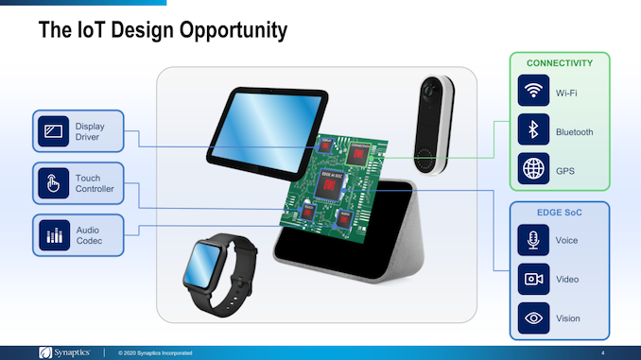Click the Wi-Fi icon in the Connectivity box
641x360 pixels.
pos(534,92)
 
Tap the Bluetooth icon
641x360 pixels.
pos(534,131)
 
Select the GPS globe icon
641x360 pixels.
pos(534,170)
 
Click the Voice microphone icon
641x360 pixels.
pos(534,240)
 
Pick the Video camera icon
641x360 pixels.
pos(534,279)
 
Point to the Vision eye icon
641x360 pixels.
pos(534,317)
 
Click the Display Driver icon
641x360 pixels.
pos(53,131)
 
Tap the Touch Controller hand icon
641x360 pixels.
pos(53,183)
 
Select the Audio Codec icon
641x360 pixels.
pos(53,234)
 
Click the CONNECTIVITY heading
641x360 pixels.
pos(560,63)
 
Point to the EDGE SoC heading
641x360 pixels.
pos(560,213)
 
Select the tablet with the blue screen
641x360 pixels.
pos(255,124)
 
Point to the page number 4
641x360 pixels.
pos(602,352)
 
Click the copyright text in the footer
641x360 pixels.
pos(155,352)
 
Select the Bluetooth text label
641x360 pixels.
pos(574,131)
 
